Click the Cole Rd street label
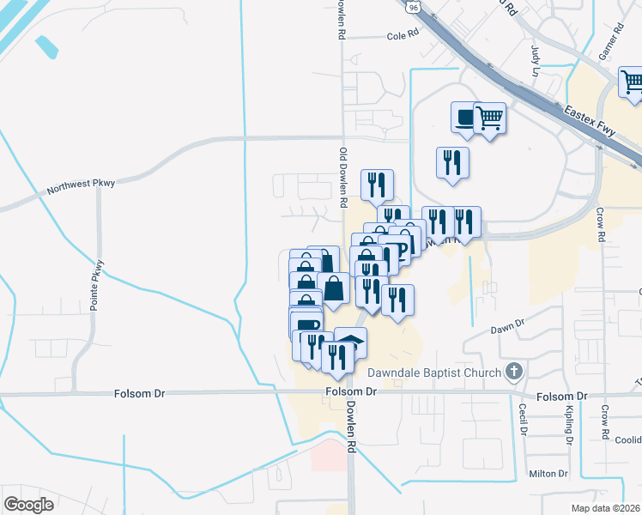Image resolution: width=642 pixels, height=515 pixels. [402, 35]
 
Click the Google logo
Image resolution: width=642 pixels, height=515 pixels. [28, 504]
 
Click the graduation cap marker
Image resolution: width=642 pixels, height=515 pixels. [350, 344]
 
